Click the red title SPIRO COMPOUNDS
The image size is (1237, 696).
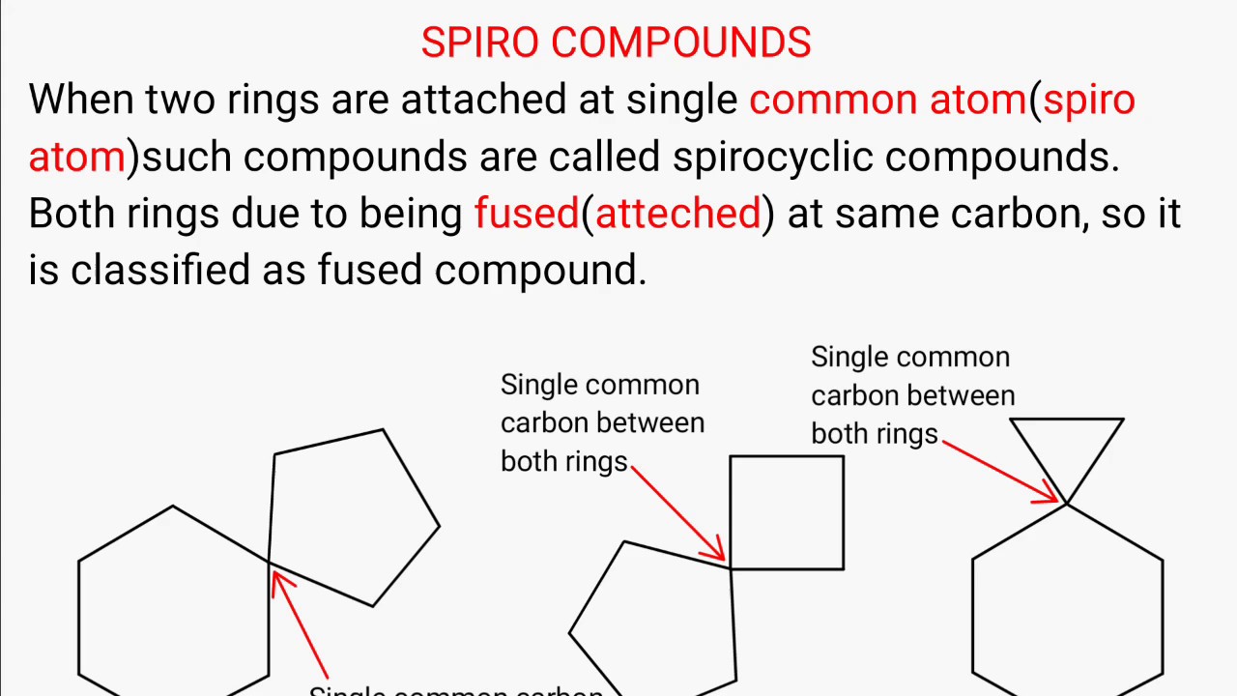(616, 43)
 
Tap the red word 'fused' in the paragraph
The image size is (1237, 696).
(526, 214)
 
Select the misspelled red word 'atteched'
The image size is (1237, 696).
(677, 214)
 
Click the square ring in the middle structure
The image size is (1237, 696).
(787, 512)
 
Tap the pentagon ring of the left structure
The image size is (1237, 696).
(348, 517)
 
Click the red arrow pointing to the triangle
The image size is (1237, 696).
(1000, 472)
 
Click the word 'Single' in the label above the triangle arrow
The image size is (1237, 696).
(848, 358)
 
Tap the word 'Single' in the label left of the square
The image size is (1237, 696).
(537, 386)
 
